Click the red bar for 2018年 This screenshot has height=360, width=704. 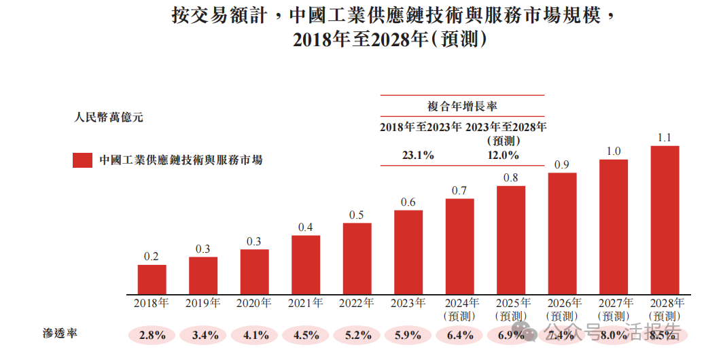[x=152, y=279]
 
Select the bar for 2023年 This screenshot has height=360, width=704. [x=408, y=252]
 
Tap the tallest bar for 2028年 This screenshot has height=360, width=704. [x=665, y=220]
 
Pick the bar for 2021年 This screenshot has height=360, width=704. [x=306, y=265]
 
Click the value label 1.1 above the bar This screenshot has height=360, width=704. [x=665, y=138]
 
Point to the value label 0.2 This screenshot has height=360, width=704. [x=152, y=257]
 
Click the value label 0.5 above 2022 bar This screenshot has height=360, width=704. [x=357, y=215]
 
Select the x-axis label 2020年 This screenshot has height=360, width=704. [x=254, y=304]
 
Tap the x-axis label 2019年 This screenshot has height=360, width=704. [x=203, y=304]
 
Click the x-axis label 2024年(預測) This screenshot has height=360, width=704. [x=460, y=309]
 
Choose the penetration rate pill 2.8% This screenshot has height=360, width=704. [x=152, y=334]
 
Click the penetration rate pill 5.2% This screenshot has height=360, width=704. [x=357, y=334]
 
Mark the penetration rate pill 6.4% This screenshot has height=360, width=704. [x=460, y=334]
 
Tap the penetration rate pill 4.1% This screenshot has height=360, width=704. [x=255, y=334]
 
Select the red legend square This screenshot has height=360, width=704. [x=82, y=160]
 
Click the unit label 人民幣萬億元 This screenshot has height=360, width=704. [x=109, y=118]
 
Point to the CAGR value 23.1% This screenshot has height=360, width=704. [x=418, y=155]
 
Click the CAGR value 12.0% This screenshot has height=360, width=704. [x=503, y=155]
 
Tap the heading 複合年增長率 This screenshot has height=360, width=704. [x=462, y=106]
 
